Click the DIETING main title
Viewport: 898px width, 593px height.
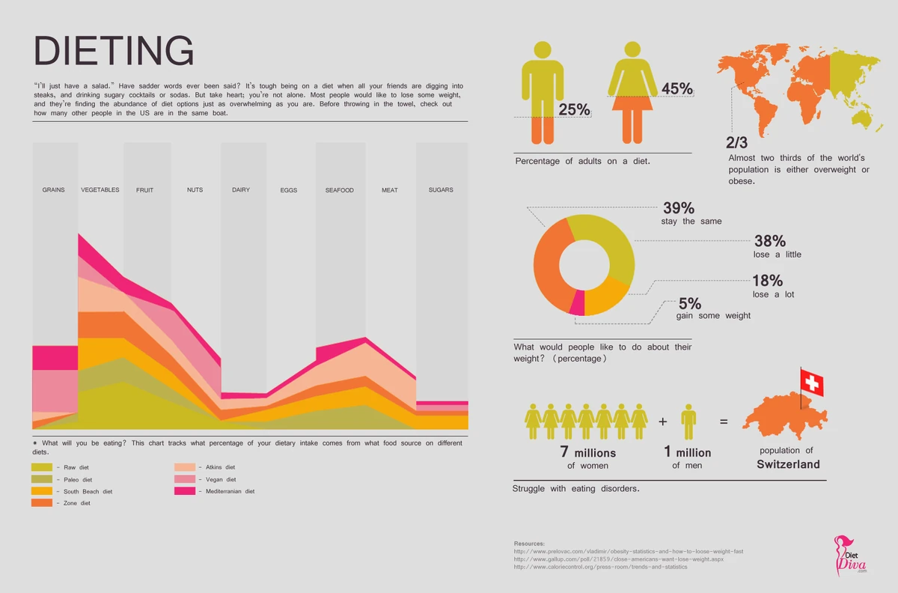(x=114, y=51)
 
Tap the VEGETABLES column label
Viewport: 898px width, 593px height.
(x=100, y=190)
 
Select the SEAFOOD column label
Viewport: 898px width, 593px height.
(x=339, y=190)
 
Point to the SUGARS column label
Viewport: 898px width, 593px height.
(x=441, y=190)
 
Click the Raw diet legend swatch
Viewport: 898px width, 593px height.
(x=42, y=467)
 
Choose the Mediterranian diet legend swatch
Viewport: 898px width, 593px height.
(x=185, y=491)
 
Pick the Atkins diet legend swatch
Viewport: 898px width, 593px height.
(x=185, y=467)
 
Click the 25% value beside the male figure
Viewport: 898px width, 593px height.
(x=574, y=109)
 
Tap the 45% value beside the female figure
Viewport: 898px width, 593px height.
(x=676, y=89)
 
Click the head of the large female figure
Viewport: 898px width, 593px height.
(x=632, y=49)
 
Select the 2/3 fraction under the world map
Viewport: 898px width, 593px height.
(x=736, y=142)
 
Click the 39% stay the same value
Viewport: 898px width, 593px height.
(x=678, y=208)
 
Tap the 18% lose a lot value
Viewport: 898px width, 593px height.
(x=768, y=281)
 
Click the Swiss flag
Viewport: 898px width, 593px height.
(x=811, y=383)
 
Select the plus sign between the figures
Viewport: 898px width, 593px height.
(x=662, y=422)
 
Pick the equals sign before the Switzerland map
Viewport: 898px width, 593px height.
(x=724, y=422)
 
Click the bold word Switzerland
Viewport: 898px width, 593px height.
(x=788, y=464)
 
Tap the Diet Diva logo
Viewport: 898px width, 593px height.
(x=849, y=554)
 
